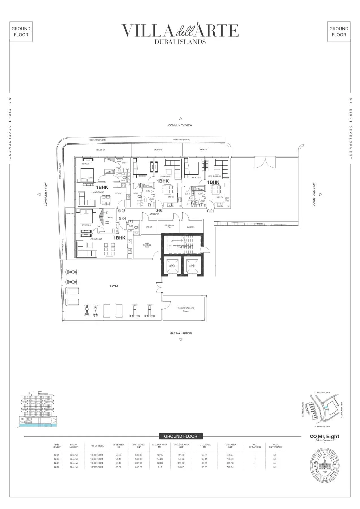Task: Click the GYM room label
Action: [x=114, y=286]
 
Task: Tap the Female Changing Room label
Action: [x=186, y=309]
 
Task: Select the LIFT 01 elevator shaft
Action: [x=172, y=266]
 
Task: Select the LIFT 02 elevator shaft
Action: [x=192, y=266]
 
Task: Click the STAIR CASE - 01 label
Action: [x=184, y=247]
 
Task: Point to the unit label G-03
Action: [x=122, y=211]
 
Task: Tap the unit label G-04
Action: [x=122, y=219]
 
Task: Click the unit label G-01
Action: [x=210, y=211]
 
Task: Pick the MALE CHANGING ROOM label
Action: [x=147, y=245]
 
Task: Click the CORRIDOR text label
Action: [x=154, y=214]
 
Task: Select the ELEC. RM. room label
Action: [x=190, y=227]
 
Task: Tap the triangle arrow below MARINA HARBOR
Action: [x=181, y=340]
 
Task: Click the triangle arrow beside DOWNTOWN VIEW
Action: [x=320, y=194]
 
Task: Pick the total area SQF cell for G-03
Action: [x=230, y=463]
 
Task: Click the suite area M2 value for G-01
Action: [x=118, y=455]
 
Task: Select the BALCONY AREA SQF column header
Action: [x=181, y=446]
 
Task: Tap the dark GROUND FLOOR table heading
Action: [x=180, y=436]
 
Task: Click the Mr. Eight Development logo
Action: [x=325, y=437]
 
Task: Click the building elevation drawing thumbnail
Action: [x=38, y=409]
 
